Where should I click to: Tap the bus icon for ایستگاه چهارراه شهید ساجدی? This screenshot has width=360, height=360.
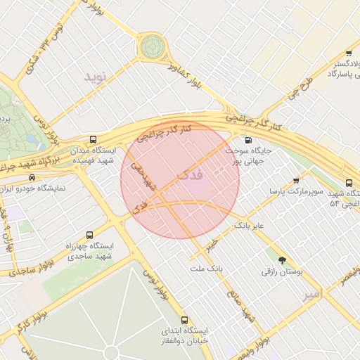coord(89,235)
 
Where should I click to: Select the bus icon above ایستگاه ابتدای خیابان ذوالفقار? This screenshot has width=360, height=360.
coord(185,319)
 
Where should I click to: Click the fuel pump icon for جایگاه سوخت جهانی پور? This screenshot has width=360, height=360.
coord(247,139)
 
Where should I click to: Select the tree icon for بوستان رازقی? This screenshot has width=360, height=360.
coord(282,260)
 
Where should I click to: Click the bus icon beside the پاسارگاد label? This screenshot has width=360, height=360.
coord(349,53)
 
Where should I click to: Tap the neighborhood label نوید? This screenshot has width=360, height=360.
coord(98,77)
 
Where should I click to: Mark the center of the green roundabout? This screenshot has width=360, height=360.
coord(151,47)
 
